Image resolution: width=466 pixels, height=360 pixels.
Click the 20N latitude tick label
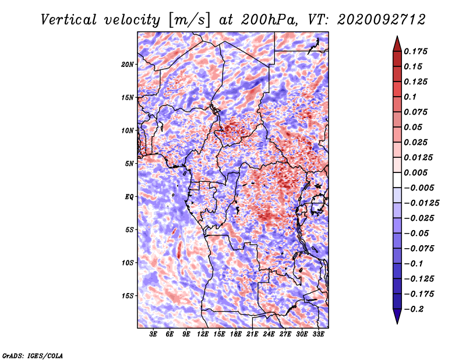click(x=128, y=65)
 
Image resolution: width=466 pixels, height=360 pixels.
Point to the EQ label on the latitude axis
click(x=129, y=197)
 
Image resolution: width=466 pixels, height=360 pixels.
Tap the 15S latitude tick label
click(x=128, y=296)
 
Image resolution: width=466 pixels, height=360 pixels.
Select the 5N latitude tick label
click(x=129, y=164)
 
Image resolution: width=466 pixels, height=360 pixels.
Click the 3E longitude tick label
click(x=153, y=334)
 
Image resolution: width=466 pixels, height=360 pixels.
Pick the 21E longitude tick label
click(x=252, y=334)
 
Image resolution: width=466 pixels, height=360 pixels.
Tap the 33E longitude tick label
click(x=318, y=334)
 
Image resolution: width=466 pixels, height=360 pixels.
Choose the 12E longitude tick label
click(x=203, y=334)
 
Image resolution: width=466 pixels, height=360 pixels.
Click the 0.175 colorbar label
click(x=415, y=51)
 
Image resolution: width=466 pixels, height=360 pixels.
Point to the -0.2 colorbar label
click(x=414, y=309)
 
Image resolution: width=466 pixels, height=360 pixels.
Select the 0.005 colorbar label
click(x=415, y=172)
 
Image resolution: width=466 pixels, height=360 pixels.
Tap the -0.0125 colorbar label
click(x=421, y=203)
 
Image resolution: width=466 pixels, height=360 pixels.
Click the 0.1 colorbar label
click(x=410, y=97)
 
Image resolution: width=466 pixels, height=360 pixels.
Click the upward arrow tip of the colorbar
click(x=397, y=36)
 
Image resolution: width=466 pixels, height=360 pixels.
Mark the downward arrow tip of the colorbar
click(x=397, y=323)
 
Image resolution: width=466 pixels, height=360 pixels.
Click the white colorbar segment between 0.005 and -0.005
click(x=397, y=180)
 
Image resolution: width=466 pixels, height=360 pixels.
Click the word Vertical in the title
click(x=69, y=20)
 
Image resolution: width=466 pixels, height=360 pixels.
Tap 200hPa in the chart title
click(x=269, y=20)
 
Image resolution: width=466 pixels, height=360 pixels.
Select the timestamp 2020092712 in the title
click(x=382, y=20)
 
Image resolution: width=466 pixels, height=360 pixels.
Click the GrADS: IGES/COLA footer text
click(x=33, y=355)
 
